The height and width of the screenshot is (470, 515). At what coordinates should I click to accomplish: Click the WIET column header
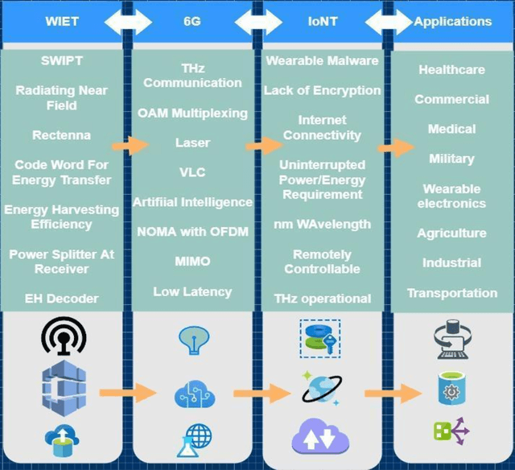(x=61, y=22)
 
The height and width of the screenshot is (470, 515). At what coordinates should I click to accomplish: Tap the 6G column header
(x=192, y=22)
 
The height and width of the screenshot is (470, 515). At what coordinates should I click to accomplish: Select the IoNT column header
(x=323, y=22)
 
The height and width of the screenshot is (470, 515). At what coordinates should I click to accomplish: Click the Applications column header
(x=453, y=22)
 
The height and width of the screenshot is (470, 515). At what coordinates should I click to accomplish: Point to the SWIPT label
(x=62, y=61)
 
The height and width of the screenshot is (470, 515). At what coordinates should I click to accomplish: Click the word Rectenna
(x=62, y=135)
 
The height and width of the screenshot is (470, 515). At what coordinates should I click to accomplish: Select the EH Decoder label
(x=62, y=299)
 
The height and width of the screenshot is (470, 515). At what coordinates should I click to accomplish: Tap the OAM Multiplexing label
(x=192, y=113)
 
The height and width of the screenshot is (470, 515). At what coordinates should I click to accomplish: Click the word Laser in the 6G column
(x=192, y=143)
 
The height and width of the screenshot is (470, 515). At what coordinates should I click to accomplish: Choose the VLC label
(x=192, y=172)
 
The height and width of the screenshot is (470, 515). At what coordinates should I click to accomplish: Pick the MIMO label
(x=192, y=262)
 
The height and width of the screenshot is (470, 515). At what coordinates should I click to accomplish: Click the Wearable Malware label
(x=322, y=61)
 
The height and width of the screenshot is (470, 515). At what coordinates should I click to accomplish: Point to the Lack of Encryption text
(x=322, y=91)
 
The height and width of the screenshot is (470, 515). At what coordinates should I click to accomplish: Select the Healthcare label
(x=451, y=70)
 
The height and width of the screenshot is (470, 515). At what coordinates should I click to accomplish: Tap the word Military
(x=451, y=159)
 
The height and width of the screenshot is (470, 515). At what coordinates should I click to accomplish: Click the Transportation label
(x=451, y=293)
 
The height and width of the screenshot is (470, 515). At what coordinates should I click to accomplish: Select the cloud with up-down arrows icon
(x=321, y=438)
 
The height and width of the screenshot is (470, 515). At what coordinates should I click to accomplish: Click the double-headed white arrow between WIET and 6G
(x=128, y=22)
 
